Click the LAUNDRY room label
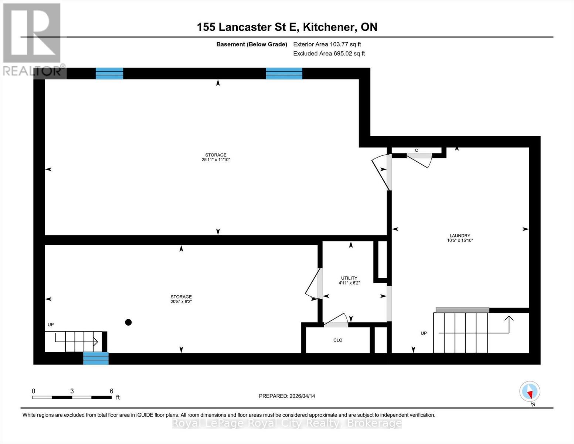point(460,236)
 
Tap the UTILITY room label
point(349,278)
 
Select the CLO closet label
point(337,340)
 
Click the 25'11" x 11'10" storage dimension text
point(216,160)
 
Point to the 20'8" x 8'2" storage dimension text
point(181,302)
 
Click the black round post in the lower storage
point(128,322)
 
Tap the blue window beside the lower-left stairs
point(96,358)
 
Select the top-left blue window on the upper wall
point(109,74)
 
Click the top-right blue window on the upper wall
point(284,74)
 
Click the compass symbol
point(530,391)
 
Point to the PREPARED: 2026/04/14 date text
point(287,396)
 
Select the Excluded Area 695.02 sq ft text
point(329,54)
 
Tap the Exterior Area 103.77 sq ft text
point(327,44)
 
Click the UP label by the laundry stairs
point(424,333)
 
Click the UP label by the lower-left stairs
point(51,324)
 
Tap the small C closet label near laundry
point(417,150)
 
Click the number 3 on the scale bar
point(72,391)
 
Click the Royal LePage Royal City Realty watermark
point(287,423)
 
